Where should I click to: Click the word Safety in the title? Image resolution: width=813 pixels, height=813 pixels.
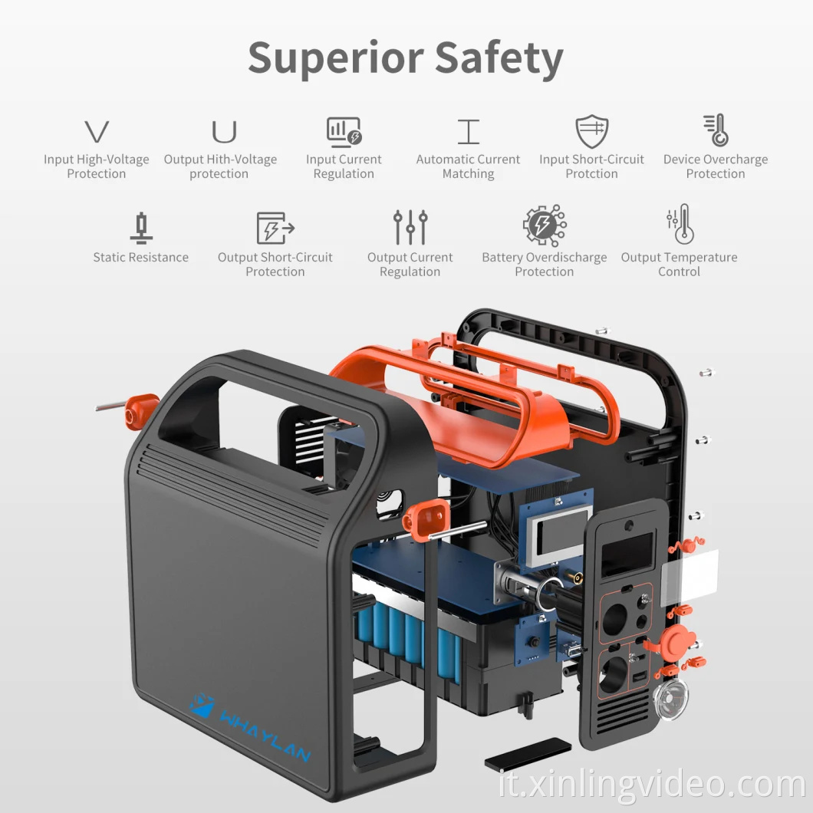pyautogui.click(x=499, y=58)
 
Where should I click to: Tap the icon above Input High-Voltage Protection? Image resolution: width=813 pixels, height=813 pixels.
pyautogui.click(x=97, y=132)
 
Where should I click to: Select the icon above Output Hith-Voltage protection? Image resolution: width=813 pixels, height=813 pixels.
pyautogui.click(x=224, y=132)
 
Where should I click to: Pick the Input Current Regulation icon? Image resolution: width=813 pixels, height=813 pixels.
pyautogui.click(x=344, y=132)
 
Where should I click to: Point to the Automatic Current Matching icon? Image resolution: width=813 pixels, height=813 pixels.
pyautogui.click(x=468, y=132)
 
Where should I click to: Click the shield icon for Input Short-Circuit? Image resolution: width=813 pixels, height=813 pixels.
pyautogui.click(x=591, y=132)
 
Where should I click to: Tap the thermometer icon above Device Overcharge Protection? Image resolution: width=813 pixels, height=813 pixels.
pyautogui.click(x=716, y=130)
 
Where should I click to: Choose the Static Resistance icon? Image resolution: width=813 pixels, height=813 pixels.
pyautogui.click(x=140, y=228)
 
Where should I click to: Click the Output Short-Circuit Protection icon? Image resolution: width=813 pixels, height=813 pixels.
pyautogui.click(x=275, y=228)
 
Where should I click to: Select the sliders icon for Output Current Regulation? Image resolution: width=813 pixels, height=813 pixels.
pyautogui.click(x=410, y=228)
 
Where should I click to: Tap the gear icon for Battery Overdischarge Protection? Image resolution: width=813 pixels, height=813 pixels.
pyautogui.click(x=544, y=226)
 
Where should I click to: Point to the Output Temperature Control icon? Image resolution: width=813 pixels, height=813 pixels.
pyautogui.click(x=680, y=225)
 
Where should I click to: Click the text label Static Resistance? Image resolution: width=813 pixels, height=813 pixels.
pyautogui.click(x=140, y=258)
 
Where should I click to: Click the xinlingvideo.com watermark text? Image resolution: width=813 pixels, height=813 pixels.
pyautogui.click(x=651, y=785)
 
